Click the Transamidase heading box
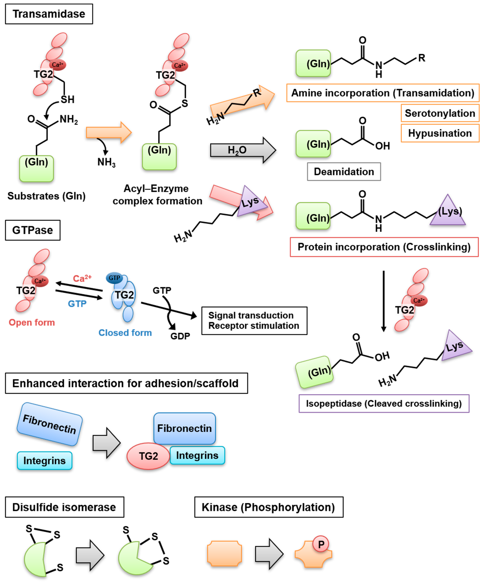tap(49, 14)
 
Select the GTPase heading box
tap(32, 230)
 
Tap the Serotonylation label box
tap(440, 113)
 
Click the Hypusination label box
tap(440, 133)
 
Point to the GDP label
tap(180, 336)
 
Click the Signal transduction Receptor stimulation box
tap(254, 321)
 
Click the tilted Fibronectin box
tap(49, 424)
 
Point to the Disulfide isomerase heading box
tap(64, 507)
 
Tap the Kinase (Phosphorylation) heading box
tap(269, 507)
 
